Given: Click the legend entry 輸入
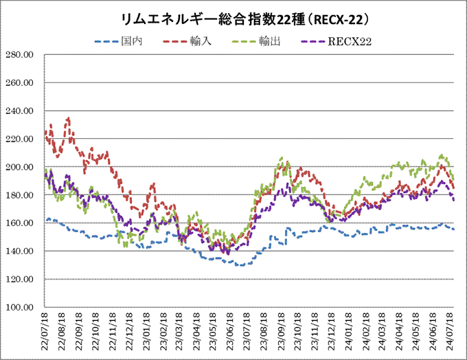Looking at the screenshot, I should point(200,42).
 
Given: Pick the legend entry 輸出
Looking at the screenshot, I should point(269,42).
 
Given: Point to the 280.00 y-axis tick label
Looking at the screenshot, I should point(23,54).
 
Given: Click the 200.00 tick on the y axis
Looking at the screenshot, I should point(23,167).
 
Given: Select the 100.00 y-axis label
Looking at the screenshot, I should point(23,307).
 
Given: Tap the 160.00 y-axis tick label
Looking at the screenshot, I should point(23,223).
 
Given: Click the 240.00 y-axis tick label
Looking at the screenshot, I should point(23,111).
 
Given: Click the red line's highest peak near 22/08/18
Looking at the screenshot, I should point(68,118).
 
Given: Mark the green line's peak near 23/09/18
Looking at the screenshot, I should point(281,158).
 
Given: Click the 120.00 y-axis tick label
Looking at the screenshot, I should point(23,279).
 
